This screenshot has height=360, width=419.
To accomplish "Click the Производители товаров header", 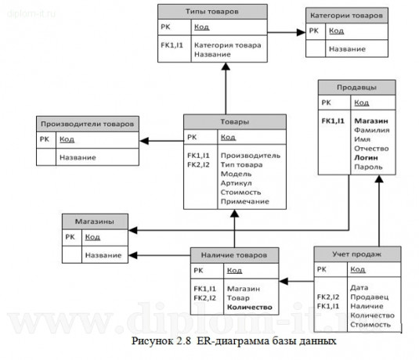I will pyautogui.click(x=87, y=123).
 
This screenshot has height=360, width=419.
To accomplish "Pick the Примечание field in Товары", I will pyautogui.click(x=243, y=201).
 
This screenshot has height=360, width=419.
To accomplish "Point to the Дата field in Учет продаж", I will pyautogui.click(x=359, y=287).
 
